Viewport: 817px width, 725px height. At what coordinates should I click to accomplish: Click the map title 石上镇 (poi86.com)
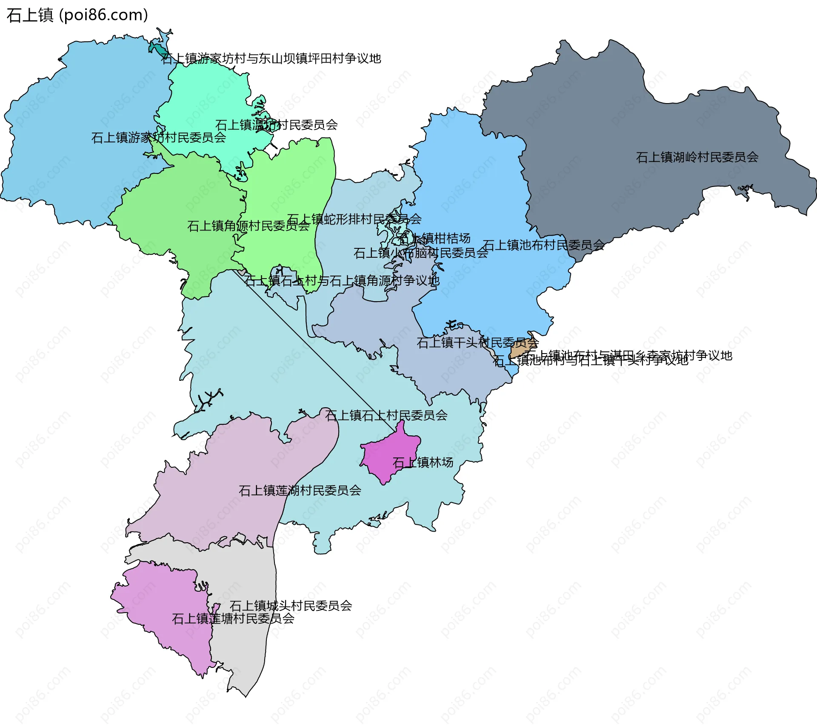77,15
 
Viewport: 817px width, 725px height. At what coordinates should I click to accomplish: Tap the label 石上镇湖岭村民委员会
697,157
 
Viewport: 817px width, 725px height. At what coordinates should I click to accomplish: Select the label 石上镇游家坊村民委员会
158,138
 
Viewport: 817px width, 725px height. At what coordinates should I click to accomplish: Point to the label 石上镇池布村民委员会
543,245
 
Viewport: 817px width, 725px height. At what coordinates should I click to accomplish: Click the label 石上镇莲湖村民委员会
300,491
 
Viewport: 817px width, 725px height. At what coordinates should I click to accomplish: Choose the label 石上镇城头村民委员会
291,605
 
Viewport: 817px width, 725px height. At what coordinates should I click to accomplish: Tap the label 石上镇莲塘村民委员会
233,619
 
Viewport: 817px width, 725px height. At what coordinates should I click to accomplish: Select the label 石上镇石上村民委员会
386,415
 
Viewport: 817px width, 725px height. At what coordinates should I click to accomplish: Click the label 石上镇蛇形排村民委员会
354,219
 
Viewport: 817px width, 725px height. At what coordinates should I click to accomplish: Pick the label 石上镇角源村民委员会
248,226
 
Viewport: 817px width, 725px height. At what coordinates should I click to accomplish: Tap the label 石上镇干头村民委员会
477,342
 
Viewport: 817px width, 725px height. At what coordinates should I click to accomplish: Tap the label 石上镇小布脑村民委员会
420,253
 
